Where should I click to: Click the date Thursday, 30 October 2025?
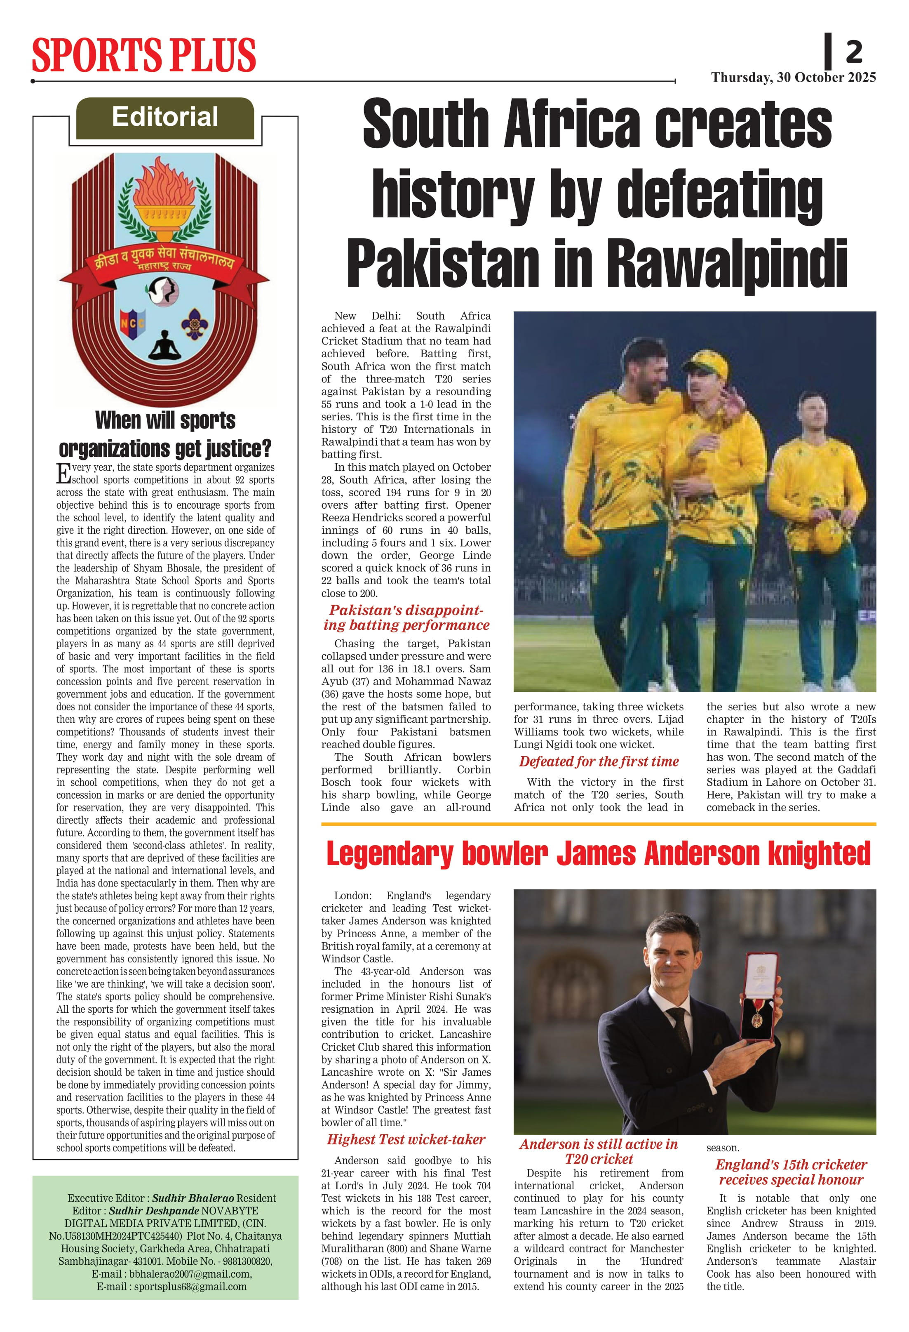point(793,78)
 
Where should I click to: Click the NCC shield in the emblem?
point(132,324)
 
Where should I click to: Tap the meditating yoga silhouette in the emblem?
point(164,346)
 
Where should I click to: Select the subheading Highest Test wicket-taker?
point(406,1139)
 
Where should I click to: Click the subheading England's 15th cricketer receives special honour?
point(791,1172)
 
